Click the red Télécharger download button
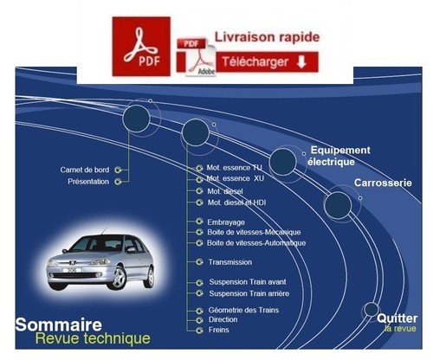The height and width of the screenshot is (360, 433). pyautogui.click(x=267, y=62)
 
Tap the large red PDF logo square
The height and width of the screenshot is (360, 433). pyautogui.click(x=141, y=46)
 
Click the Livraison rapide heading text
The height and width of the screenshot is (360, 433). pyautogui.click(x=267, y=37)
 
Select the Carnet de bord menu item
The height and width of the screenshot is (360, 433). pyautogui.click(x=85, y=170)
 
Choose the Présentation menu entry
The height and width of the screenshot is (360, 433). pyautogui.click(x=88, y=182)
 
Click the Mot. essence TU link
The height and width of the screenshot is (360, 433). pyautogui.click(x=234, y=168)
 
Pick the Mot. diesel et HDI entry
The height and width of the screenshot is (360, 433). pyautogui.click(x=236, y=202)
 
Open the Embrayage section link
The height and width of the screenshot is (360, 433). pyautogui.click(x=226, y=222)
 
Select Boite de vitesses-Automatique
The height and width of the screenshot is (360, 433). pyautogui.click(x=256, y=243)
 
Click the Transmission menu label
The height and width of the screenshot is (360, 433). pyautogui.click(x=230, y=262)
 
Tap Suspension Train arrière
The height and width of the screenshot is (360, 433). pyautogui.click(x=249, y=293)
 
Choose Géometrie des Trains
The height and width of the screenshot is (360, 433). pyautogui.click(x=243, y=310)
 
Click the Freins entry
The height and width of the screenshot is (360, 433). pyautogui.click(x=219, y=330)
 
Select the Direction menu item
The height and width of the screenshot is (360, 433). pyautogui.click(x=223, y=319)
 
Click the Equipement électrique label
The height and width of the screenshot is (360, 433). pyautogui.click(x=339, y=156)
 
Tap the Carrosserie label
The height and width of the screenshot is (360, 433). pyautogui.click(x=383, y=183)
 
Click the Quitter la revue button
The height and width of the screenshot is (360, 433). pyautogui.click(x=397, y=323)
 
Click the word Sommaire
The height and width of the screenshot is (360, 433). pyautogui.click(x=59, y=325)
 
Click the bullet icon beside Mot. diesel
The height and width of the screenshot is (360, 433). pyautogui.click(x=199, y=191)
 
